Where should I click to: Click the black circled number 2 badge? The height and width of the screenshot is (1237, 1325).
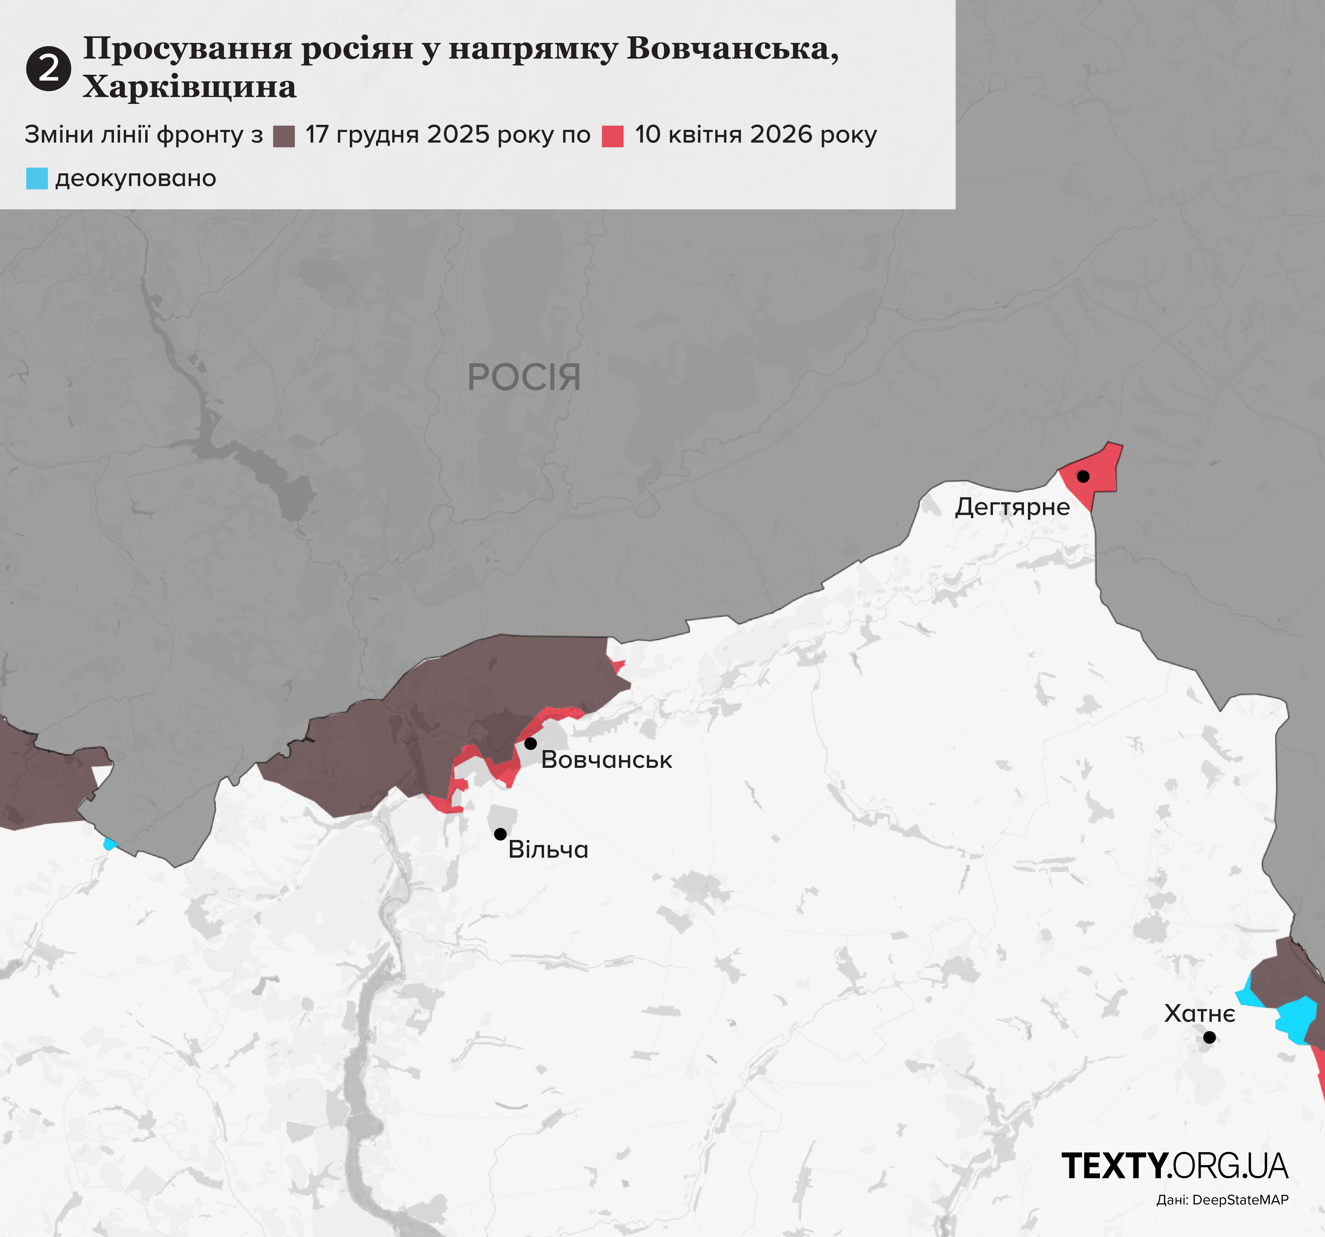point(49,69)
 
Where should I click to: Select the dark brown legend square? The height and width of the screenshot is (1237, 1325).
point(284,136)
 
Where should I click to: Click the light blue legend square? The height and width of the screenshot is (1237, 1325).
point(37,179)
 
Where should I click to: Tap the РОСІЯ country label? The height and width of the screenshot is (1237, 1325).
point(524,377)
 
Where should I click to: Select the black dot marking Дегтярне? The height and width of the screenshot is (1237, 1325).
point(1083,477)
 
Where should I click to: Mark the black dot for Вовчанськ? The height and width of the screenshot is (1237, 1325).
point(531,743)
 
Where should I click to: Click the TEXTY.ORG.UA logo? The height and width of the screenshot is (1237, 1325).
point(1174,1166)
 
